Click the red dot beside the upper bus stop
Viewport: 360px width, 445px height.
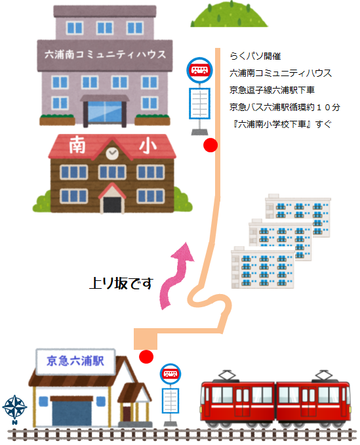pyautogui.click(x=210, y=145)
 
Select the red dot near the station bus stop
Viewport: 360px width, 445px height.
pyautogui.click(x=146, y=357)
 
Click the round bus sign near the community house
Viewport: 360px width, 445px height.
pyautogui.click(x=199, y=70)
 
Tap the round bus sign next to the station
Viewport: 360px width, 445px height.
pyautogui.click(x=170, y=373)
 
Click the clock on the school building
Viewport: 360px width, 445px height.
pyautogui.click(x=112, y=154)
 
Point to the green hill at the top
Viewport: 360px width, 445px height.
pyautogui.click(x=229, y=14)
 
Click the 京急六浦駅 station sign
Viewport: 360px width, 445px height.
pyautogui.click(x=75, y=361)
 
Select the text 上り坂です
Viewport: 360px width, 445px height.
pyautogui.click(x=121, y=283)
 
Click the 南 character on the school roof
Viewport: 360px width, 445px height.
pyautogui.click(x=77, y=144)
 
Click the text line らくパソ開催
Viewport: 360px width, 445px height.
pyautogui.click(x=255, y=56)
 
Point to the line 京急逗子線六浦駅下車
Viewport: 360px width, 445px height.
pyautogui.click(x=272, y=91)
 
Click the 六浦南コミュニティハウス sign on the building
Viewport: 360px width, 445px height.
pyautogui.click(x=105, y=54)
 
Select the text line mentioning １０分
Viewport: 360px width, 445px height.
pyautogui.click(x=285, y=107)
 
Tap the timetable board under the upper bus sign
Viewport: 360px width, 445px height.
pyautogui.click(x=199, y=103)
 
